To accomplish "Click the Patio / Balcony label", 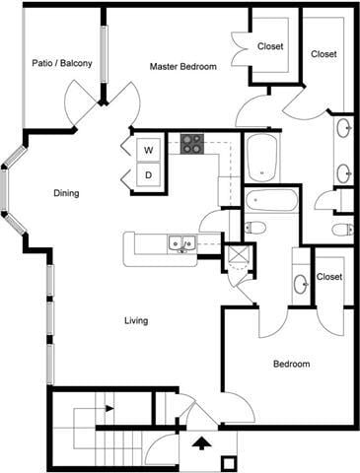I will pyautogui.click(x=62, y=64).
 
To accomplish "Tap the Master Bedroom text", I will pyautogui.click(x=183, y=66).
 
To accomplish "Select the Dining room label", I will pyautogui.click(x=66, y=193).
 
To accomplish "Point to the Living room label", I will pyautogui.click(x=136, y=320).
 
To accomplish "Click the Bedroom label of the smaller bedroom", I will pyautogui.click(x=291, y=365).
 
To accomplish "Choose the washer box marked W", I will pyautogui.click(x=148, y=150).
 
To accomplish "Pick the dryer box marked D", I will pyautogui.click(x=148, y=175).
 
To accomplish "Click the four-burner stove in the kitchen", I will pyautogui.click(x=191, y=144).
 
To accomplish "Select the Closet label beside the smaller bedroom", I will pyautogui.click(x=329, y=277).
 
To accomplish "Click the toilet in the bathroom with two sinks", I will pyautogui.click(x=340, y=230).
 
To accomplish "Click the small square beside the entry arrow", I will pyautogui.click(x=229, y=462).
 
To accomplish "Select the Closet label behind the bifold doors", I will pyautogui.click(x=270, y=46).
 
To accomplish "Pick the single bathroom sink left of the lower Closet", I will pyautogui.click(x=300, y=286).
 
